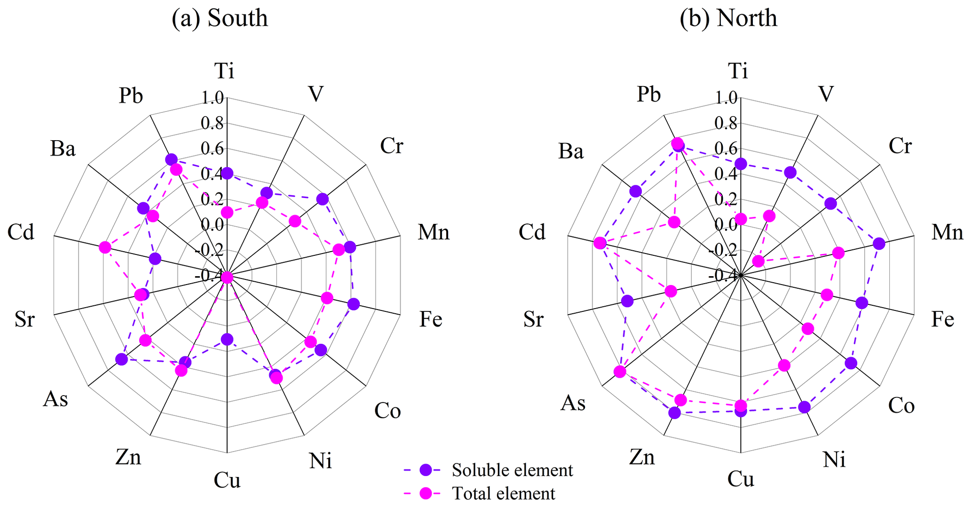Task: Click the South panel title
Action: click(220, 18)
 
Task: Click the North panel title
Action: click(728, 18)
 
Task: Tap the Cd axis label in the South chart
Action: click(21, 232)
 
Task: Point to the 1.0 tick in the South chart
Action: click(212, 98)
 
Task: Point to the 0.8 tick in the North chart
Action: click(726, 123)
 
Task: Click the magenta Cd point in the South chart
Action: click(105, 247)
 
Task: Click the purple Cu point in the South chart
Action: click(227, 339)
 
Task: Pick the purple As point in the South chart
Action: click(121, 359)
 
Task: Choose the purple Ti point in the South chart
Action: click(227, 174)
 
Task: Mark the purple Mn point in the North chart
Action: click(878, 244)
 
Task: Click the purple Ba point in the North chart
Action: click(636, 191)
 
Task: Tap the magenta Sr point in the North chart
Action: click(671, 292)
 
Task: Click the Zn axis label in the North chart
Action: click(642, 457)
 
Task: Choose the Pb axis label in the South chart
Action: click(131, 96)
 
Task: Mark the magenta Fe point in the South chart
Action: click(327, 298)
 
